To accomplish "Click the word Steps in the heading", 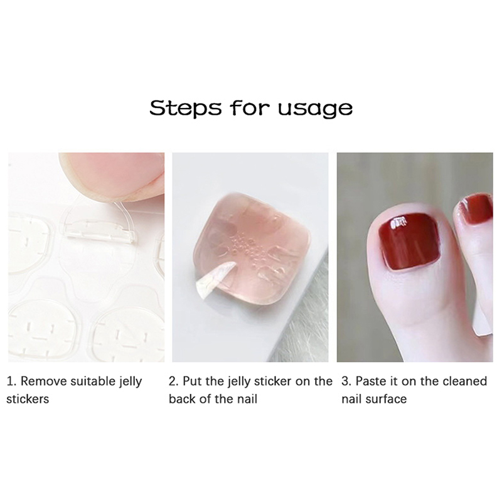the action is pos(185,108).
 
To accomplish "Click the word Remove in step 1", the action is pos(43,382).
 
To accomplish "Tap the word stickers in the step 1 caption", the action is pos(28,399).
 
